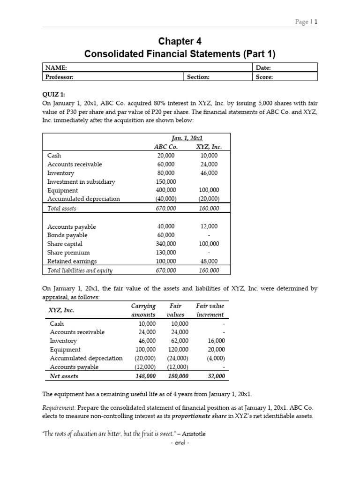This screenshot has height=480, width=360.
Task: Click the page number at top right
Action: tap(307, 22)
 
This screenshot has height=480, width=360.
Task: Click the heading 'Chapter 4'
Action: tap(180, 41)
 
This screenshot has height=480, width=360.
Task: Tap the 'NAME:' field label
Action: tap(56, 67)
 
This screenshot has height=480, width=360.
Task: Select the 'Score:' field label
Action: tap(264, 77)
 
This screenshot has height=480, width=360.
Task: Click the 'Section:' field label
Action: tap(198, 77)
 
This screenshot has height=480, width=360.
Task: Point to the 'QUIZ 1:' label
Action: tap(54, 93)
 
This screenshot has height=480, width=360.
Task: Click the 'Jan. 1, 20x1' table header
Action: tap(187, 138)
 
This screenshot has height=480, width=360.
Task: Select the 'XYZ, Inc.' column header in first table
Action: tap(209, 147)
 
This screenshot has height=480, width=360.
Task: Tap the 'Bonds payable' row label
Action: tap(67, 235)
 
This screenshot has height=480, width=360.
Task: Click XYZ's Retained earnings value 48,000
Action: tap(209, 261)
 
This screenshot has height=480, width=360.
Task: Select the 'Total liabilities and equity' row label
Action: tap(80, 270)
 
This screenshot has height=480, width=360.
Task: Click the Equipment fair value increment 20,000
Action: tap(216, 349)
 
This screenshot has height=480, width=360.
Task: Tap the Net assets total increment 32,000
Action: tap(216, 376)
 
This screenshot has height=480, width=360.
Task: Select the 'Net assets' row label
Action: tap(64, 376)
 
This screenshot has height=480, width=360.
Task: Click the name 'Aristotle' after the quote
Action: tap(192, 434)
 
